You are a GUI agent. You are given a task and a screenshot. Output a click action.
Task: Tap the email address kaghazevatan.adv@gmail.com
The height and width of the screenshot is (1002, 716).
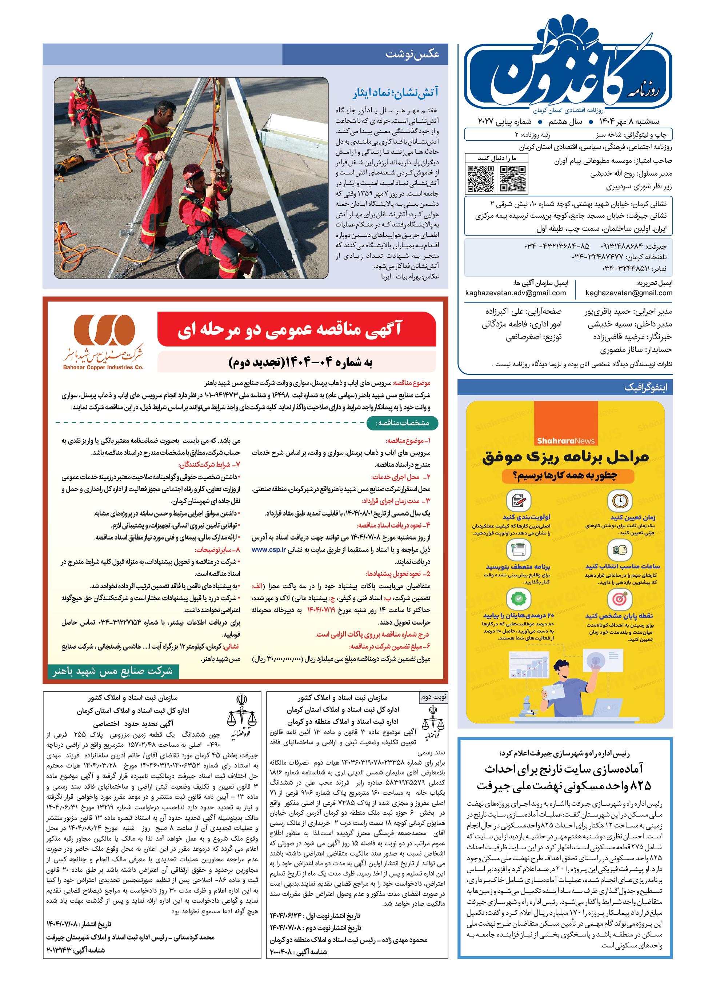(x=515, y=293)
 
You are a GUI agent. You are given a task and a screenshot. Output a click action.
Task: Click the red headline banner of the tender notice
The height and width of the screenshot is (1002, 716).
(x=296, y=329)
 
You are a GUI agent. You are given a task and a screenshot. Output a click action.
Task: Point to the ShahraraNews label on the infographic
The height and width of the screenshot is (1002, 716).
(x=566, y=441)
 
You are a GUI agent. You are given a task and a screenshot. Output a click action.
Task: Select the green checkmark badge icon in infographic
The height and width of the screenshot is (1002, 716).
(x=519, y=599)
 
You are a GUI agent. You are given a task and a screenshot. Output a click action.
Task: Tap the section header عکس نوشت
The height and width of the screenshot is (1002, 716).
(x=412, y=54)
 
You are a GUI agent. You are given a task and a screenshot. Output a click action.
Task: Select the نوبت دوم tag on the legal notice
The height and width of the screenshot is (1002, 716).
(x=433, y=697)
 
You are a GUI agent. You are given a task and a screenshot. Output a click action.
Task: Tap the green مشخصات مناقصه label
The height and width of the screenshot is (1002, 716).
(x=402, y=423)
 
